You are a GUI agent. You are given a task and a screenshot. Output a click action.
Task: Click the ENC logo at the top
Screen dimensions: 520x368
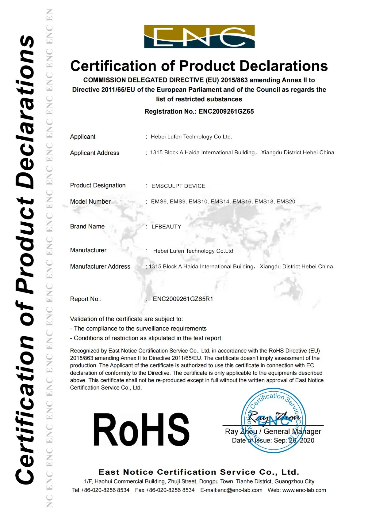pos(199,36)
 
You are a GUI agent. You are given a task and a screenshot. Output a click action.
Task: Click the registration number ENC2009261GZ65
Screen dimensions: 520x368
pos(226,111)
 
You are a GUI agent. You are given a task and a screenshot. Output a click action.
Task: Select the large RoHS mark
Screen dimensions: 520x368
pos(141,429)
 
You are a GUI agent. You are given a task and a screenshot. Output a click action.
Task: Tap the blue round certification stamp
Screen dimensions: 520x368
pos(273,420)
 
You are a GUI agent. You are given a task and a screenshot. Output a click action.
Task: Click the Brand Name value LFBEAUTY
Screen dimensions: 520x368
pos(166,227)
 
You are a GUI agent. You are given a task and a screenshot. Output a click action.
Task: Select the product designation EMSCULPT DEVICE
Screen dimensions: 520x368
pos(178,186)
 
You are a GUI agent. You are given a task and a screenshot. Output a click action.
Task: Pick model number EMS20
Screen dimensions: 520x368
pos(286,202)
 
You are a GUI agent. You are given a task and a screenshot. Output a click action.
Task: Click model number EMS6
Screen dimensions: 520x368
pos(159,202)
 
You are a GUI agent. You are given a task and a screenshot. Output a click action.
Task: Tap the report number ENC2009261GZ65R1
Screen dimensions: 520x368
pos(183,299)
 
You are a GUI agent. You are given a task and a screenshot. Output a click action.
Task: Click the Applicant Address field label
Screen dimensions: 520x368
pos(94,153)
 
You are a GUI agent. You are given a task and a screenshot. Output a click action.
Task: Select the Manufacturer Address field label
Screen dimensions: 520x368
pos(100,266)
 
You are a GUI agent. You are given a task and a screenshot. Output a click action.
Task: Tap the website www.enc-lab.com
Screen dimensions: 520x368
pos(304,490)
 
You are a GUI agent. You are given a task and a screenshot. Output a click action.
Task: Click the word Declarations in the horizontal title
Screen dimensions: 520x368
pos(284,66)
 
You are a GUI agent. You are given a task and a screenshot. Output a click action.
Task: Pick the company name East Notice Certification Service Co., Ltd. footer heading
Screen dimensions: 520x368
pos(199,472)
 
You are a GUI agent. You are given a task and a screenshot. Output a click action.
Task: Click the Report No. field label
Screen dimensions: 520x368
pos(86,299)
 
